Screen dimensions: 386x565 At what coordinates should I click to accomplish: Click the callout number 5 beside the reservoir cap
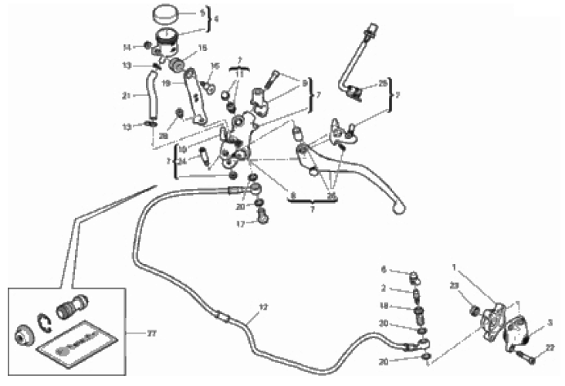[x=202, y=12]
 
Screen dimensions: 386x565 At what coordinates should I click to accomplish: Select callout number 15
[x=203, y=48]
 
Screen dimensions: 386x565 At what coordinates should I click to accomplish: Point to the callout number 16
[x=215, y=66]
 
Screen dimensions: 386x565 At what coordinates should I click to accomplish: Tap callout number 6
[x=383, y=269]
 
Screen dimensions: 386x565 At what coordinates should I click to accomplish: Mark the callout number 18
[x=383, y=306]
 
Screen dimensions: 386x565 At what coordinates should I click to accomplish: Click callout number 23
[x=453, y=286]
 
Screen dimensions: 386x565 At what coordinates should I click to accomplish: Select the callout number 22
[x=550, y=348]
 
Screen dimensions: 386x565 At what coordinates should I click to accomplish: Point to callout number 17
[x=240, y=225]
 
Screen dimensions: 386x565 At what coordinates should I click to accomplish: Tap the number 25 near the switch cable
[x=383, y=83]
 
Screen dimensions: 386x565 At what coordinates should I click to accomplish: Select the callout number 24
[x=183, y=161]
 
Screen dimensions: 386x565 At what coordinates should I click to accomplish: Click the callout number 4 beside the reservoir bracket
[x=217, y=19]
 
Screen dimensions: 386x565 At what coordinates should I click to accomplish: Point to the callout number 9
[x=304, y=83]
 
